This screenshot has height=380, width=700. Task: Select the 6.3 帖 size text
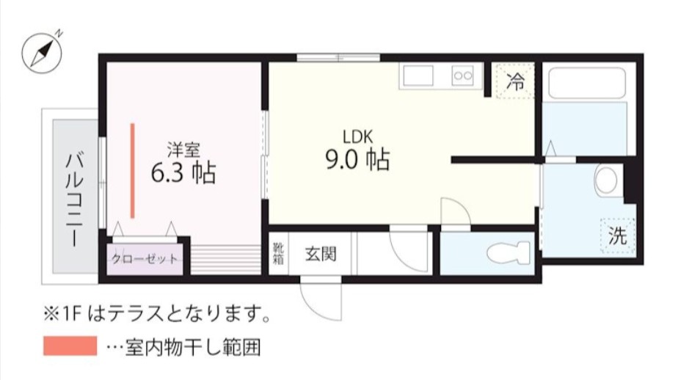(183, 173)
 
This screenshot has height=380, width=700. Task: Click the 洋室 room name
(184, 150)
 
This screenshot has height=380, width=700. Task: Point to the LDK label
(359, 136)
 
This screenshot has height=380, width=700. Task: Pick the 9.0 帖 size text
(357, 159)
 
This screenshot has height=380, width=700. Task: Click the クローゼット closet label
(144, 260)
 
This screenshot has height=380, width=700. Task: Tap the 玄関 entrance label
(321, 255)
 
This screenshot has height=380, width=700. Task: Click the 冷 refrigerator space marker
(517, 81)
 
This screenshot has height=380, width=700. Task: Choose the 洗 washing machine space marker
(617, 236)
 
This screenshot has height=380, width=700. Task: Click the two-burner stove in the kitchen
(464, 75)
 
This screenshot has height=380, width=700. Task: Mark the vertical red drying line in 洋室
(133, 170)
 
